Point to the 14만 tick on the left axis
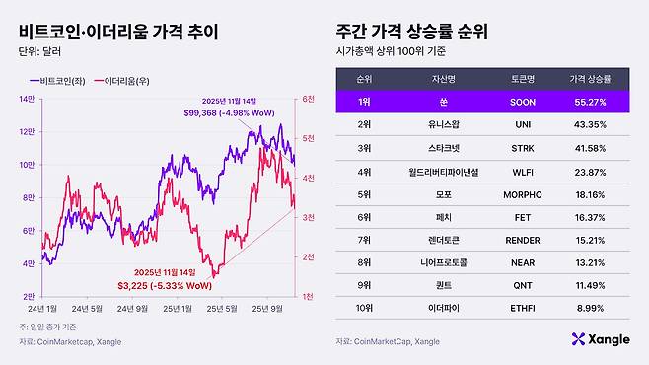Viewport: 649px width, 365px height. tap(27, 100)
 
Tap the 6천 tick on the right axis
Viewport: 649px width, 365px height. tap(308, 100)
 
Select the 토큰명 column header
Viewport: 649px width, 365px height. tap(516, 77)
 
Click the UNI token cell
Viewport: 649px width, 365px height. tap(516, 125)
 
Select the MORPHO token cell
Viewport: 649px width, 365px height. tap(516, 195)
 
